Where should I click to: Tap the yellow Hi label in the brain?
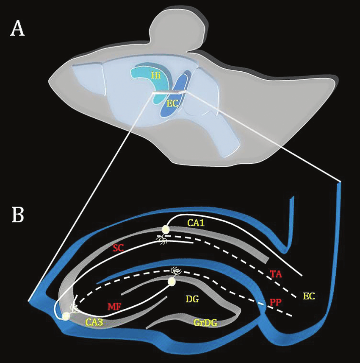click(156, 75)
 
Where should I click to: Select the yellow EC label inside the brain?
click(172, 103)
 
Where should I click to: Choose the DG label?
click(192, 299)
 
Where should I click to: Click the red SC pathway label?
click(118, 249)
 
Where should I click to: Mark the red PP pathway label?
click(277, 302)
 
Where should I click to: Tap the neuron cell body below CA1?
click(165, 229)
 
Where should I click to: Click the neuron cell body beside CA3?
click(66, 316)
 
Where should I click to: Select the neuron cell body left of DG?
click(172, 282)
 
